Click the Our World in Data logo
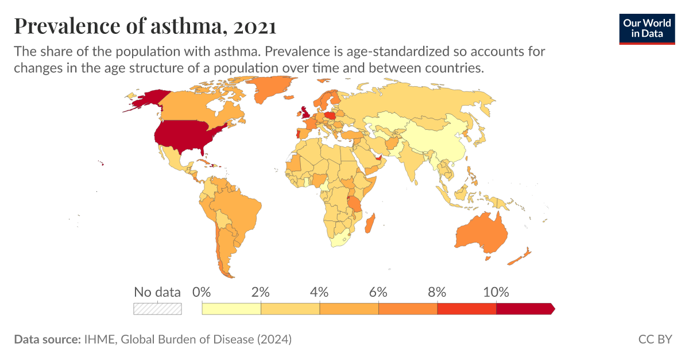[647, 28]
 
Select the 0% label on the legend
[202, 292]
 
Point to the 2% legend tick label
[261, 292]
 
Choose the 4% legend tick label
[320, 292]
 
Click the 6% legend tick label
[378, 292]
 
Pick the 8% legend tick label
[437, 292]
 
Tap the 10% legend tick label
[496, 292]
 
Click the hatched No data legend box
[157, 309]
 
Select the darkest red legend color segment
[524, 309]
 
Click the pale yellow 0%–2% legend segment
[231, 309]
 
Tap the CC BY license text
[655, 339]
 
